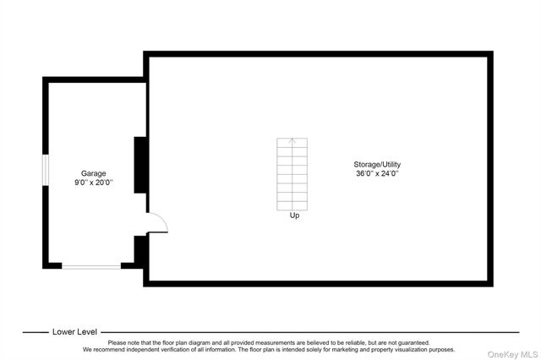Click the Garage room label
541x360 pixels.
pyautogui.click(x=93, y=173)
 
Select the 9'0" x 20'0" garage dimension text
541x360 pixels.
pyautogui.click(x=94, y=183)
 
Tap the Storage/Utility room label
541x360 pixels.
pyautogui.click(x=377, y=165)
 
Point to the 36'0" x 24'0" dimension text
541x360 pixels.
pyautogui.click(x=377, y=173)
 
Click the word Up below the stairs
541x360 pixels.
pyautogui.click(x=294, y=215)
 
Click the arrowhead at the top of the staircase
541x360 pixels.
pyautogui.click(x=292, y=139)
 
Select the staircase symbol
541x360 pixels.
pyautogui.click(x=292, y=174)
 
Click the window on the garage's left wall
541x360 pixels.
pyautogui.click(x=46, y=170)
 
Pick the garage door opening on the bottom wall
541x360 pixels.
pyautogui.click(x=91, y=266)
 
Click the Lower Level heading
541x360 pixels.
pyautogui.click(x=75, y=332)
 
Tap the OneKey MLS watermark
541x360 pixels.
pyautogui.click(x=512, y=354)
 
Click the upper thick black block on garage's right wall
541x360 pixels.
pyautogui.click(x=140, y=165)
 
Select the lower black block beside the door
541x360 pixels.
pyautogui.click(x=140, y=250)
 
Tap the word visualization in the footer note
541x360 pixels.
pyautogui.click(x=409, y=350)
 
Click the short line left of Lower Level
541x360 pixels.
pyautogui.click(x=36, y=332)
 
